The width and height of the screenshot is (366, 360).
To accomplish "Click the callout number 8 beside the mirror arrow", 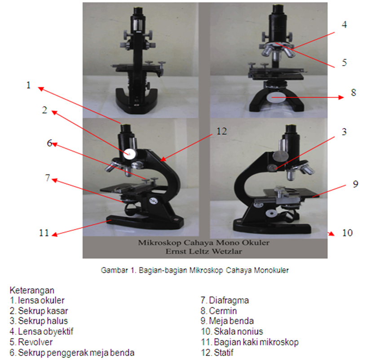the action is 353,93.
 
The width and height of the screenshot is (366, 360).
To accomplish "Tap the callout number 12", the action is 221,131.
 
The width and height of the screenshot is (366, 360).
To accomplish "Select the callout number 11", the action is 44,233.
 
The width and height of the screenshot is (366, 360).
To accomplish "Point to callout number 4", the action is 344,25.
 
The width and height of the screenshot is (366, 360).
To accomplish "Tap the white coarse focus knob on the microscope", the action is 130,154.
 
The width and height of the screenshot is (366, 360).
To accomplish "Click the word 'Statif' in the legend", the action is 223,352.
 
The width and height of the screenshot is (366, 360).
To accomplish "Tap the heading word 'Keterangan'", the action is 32,290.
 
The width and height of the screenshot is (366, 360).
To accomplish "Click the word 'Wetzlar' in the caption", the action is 227,251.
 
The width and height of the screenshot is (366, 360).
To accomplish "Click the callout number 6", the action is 49,143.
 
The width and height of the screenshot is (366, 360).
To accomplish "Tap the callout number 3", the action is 344,132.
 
